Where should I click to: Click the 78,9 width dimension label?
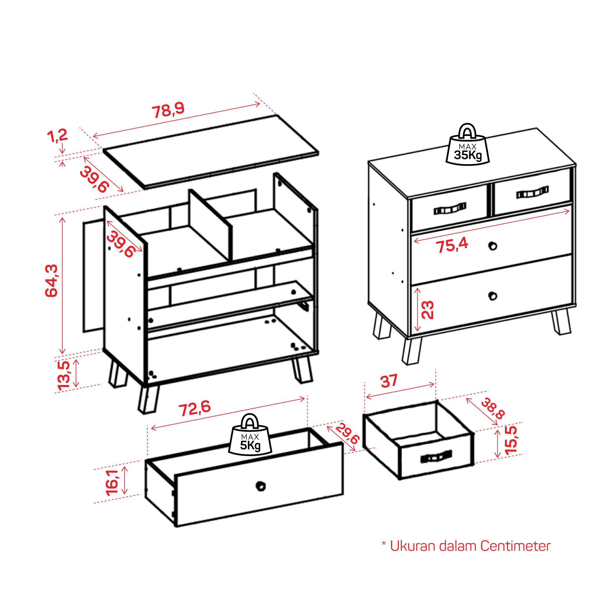[x=168, y=110]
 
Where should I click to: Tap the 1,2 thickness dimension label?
[x=57, y=136]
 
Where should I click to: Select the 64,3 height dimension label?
[x=51, y=281]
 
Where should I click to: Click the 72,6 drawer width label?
[x=194, y=408]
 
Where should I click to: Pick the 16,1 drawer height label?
[x=112, y=483]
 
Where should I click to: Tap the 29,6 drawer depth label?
[x=347, y=434]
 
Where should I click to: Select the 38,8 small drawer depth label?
[x=493, y=408]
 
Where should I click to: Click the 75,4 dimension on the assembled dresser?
[x=452, y=245]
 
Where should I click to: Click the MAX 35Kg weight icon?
[x=467, y=144]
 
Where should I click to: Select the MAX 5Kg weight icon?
[x=250, y=434]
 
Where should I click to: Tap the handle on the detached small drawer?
[x=436, y=456]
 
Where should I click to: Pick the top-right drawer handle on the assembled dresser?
[x=532, y=192]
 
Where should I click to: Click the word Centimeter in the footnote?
[x=515, y=546]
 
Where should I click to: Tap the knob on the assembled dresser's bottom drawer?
[x=493, y=296]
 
